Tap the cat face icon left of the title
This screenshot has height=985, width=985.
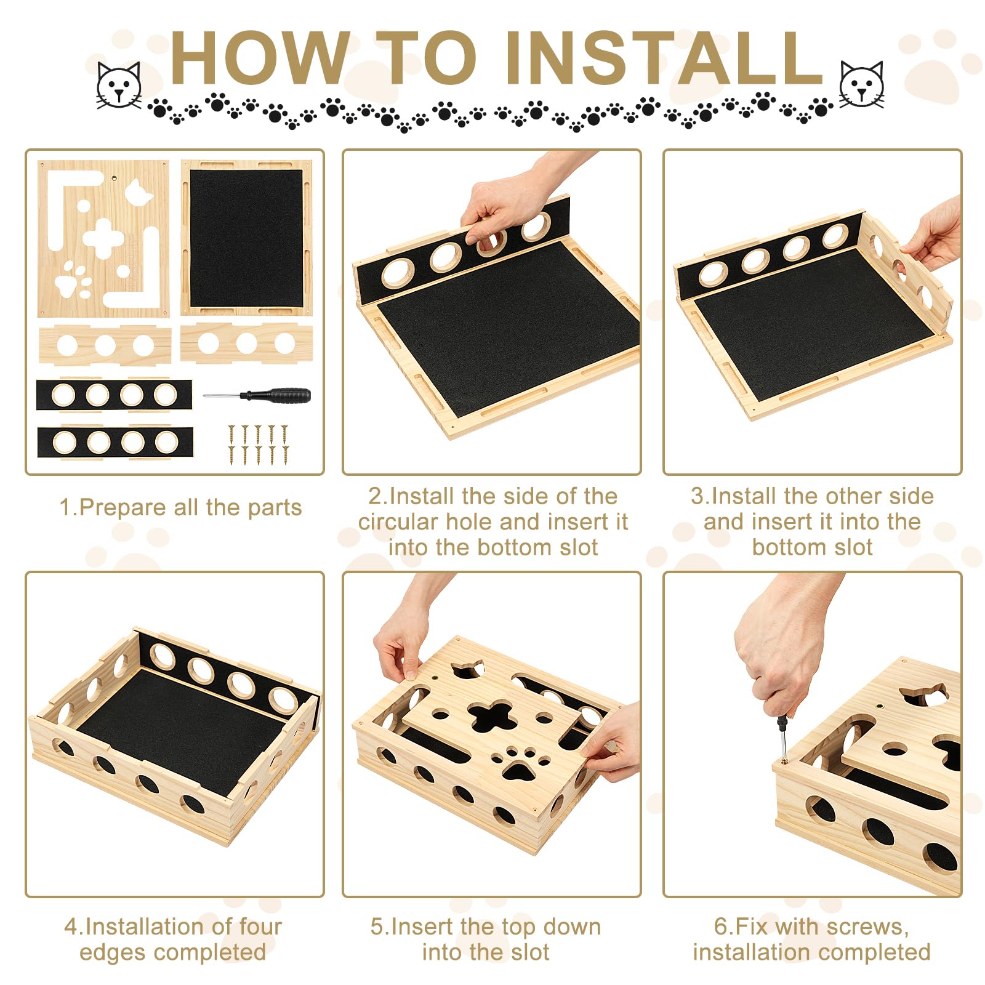pos(118,85)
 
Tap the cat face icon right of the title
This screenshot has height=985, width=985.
pos(862,85)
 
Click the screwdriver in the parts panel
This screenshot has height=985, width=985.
pos(257,395)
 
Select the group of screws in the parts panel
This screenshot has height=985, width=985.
pos(259,444)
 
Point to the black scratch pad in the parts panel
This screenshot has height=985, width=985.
pos(246,238)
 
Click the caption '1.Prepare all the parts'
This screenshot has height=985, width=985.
pos(180,507)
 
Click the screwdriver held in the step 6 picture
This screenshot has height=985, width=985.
pos(781,736)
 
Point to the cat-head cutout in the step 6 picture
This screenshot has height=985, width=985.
pos(923,694)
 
